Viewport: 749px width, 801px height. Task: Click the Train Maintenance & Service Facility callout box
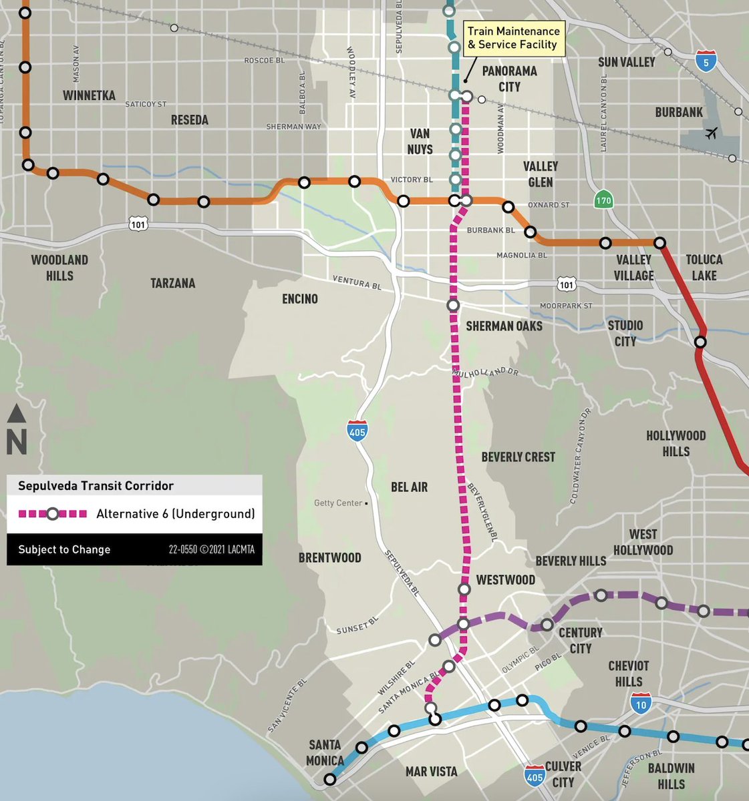coord(513,38)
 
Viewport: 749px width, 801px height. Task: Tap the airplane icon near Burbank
coord(711,133)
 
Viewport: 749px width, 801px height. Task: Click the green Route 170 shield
coord(603,200)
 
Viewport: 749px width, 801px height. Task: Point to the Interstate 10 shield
coord(641,703)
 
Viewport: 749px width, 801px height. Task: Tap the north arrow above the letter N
coord(17,415)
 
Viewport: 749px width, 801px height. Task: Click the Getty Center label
coord(338,503)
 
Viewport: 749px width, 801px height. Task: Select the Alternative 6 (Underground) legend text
coord(175,514)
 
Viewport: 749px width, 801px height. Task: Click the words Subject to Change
coord(64,549)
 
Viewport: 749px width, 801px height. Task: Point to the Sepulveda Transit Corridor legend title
coord(96,486)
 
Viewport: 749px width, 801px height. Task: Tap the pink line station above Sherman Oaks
coord(454,305)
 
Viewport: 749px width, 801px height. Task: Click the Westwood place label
coord(505,579)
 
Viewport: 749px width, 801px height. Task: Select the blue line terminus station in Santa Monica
coord(329,779)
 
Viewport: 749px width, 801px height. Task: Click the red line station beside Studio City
coord(700,342)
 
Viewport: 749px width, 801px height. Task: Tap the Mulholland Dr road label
coord(485,372)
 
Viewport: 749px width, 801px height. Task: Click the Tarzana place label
coord(172,283)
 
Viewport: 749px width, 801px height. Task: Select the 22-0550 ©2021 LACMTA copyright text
coord(211,550)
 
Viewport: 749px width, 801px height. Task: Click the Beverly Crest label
coord(518,457)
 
